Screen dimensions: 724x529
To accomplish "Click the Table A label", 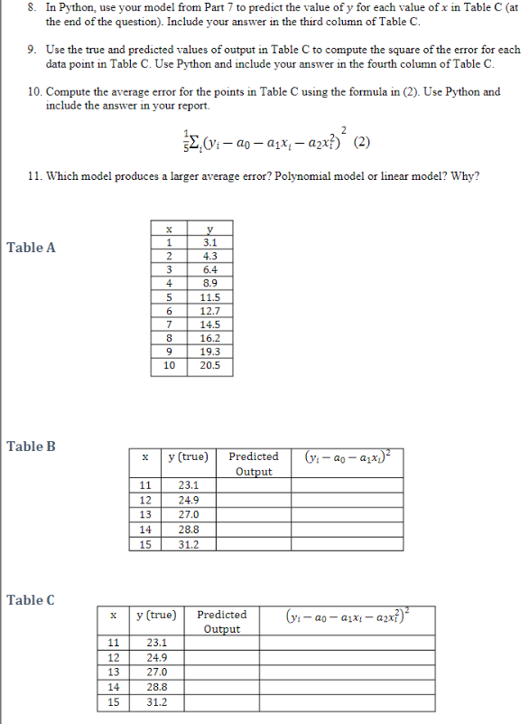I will pyautogui.click(x=31, y=247).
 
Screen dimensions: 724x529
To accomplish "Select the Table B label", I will pyautogui.click(x=31, y=446).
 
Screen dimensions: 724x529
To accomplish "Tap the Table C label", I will pyautogui.click(x=31, y=599).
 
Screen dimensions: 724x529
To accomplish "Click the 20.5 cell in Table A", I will pyautogui.click(x=209, y=366).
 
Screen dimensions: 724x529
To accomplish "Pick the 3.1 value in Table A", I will pyautogui.click(x=209, y=242).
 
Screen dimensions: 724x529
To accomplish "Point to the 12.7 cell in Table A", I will pyautogui.click(x=209, y=311).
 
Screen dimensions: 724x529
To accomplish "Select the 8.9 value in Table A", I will pyautogui.click(x=209, y=283).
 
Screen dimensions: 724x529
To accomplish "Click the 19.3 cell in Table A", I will pyautogui.click(x=209, y=353).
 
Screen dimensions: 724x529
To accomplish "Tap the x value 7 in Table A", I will pyautogui.click(x=169, y=324).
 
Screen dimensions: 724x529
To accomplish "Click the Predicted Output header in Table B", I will pyautogui.click(x=253, y=464).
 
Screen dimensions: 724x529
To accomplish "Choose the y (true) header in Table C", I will pyautogui.click(x=155, y=615).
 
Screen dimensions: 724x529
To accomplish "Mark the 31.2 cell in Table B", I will pyautogui.click(x=189, y=544).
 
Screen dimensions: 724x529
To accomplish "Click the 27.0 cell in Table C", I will pyautogui.click(x=156, y=672).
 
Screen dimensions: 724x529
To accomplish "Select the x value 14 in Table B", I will pyautogui.click(x=144, y=531).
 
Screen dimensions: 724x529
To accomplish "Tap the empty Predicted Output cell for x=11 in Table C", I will pyautogui.click(x=222, y=644).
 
